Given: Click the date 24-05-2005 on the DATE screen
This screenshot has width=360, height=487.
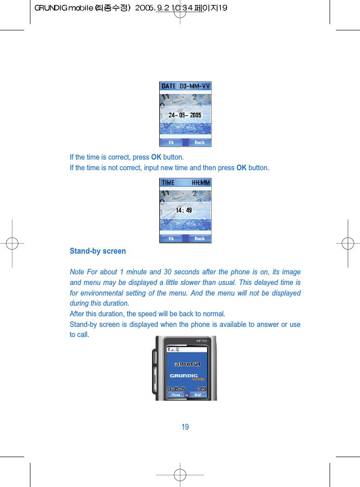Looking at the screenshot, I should [x=185, y=115].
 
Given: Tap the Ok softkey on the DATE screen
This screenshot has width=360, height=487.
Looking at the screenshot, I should [x=171, y=142].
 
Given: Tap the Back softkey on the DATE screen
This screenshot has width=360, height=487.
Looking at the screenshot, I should [x=199, y=142].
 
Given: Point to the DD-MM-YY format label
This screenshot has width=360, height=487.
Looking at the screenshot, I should [x=195, y=86].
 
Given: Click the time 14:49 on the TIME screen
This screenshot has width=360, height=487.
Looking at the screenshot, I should [x=184, y=210].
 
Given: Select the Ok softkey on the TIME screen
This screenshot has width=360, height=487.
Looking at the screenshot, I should [x=171, y=238].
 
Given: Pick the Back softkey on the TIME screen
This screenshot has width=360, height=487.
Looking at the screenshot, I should [x=199, y=238].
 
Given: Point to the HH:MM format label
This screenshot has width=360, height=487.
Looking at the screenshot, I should [x=201, y=183].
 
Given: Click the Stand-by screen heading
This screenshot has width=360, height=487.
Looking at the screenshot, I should [x=97, y=251].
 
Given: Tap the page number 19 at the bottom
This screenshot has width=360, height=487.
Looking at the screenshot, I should [x=185, y=427].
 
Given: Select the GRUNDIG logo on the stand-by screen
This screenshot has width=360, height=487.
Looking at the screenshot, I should [x=184, y=375].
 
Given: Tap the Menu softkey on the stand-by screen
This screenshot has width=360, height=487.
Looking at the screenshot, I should [x=176, y=394].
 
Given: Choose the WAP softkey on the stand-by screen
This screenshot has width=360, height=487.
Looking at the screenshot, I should [x=198, y=394].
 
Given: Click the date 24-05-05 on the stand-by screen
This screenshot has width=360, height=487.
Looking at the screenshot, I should [x=176, y=389].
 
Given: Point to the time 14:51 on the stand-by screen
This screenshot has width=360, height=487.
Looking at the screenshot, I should [x=202, y=389].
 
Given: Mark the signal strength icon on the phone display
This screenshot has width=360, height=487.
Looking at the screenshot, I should [x=170, y=350].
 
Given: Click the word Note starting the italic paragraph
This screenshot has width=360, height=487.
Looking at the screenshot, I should [x=77, y=272].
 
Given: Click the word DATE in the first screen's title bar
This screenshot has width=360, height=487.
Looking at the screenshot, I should [x=168, y=86].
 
